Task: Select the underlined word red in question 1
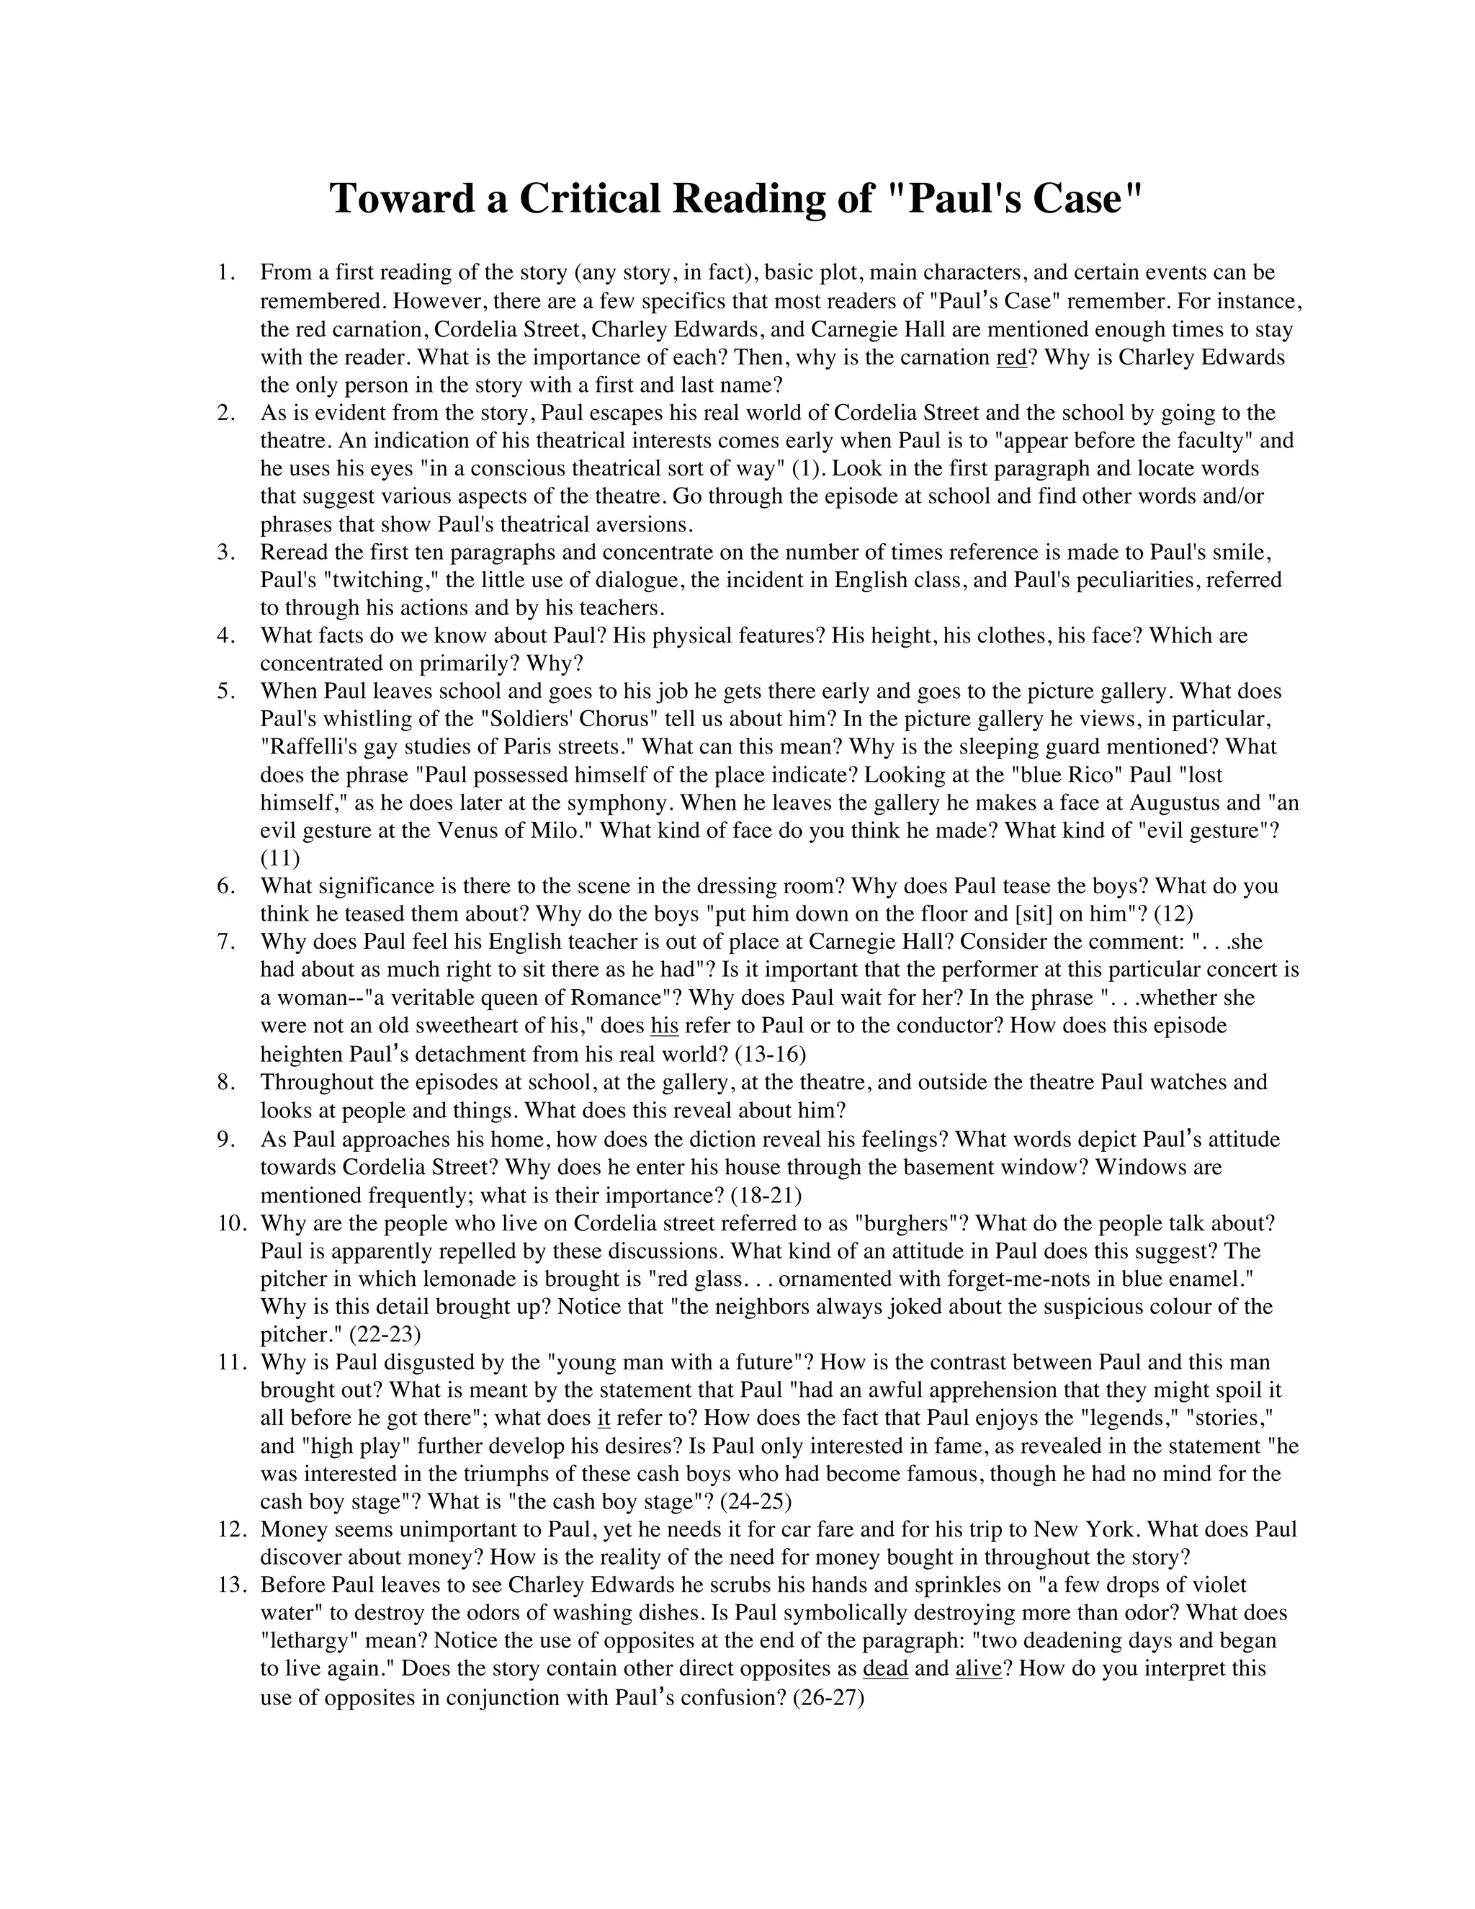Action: click(x=1011, y=357)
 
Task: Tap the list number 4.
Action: click(x=226, y=635)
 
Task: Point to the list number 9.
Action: click(x=226, y=1140)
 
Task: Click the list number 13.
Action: click(x=232, y=1585)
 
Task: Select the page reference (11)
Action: click(x=279, y=859)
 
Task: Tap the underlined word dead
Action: click(x=885, y=1668)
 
